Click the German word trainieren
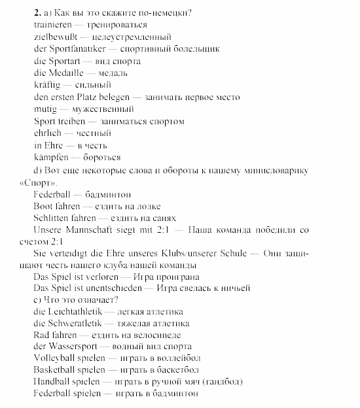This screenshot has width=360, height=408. point(52,24)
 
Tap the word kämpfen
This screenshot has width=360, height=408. point(50,158)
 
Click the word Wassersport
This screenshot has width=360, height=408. point(73,347)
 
